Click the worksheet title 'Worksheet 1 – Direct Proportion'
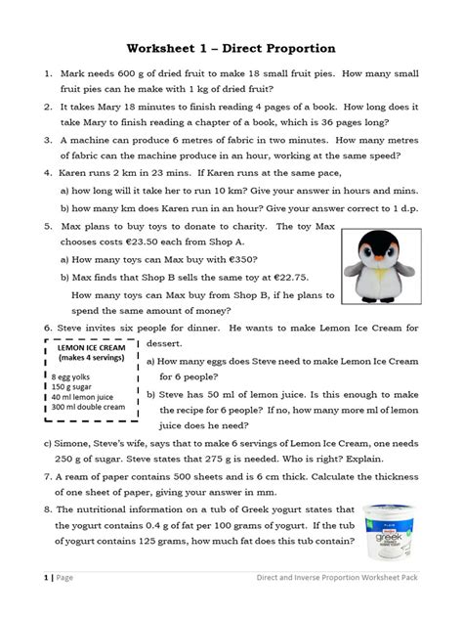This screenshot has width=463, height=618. [231, 48]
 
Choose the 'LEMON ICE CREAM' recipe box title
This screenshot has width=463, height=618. [83, 347]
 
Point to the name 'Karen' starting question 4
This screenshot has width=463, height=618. [76, 174]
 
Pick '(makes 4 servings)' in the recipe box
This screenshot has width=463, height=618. [83, 359]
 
